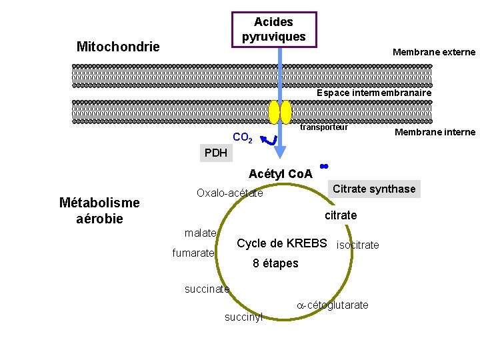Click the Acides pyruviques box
(x=273, y=29)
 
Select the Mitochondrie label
(x=118, y=47)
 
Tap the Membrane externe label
(x=434, y=52)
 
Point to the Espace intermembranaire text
(x=374, y=93)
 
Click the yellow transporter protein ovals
(x=280, y=112)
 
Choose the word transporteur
(x=323, y=127)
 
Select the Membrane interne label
(x=435, y=132)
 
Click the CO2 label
(x=242, y=138)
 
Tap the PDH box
(x=216, y=153)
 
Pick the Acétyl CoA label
(x=280, y=174)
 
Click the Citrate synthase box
(x=374, y=189)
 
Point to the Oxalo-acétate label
(x=229, y=193)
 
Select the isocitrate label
(x=358, y=245)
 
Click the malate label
(x=200, y=233)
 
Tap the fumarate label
(x=193, y=253)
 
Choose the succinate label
(x=207, y=289)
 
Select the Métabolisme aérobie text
(x=99, y=210)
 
